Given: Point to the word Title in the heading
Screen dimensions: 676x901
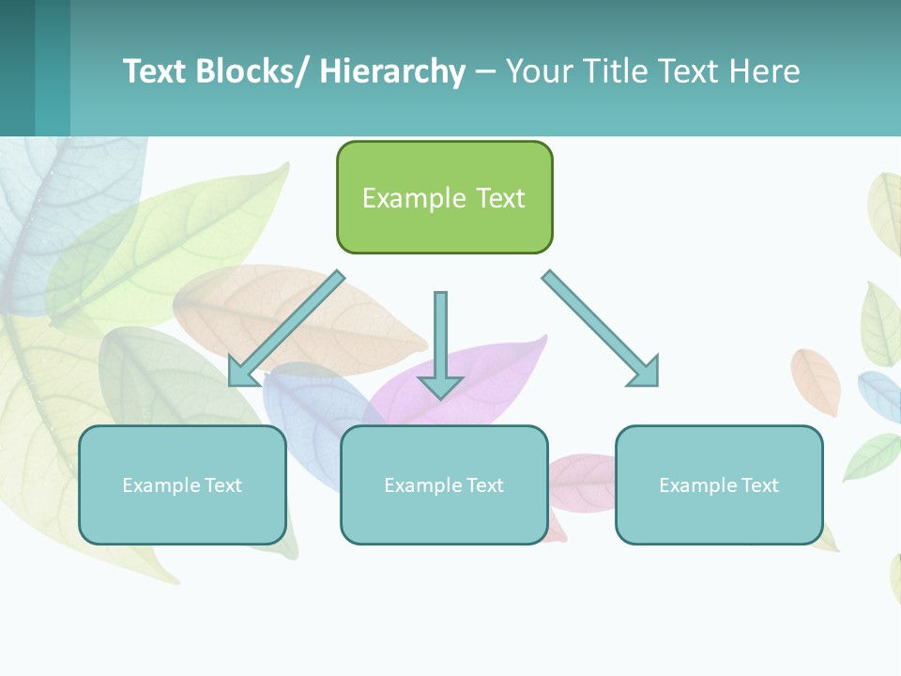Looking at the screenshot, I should point(613,71).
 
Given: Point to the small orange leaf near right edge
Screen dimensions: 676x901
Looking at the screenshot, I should point(815,380).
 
